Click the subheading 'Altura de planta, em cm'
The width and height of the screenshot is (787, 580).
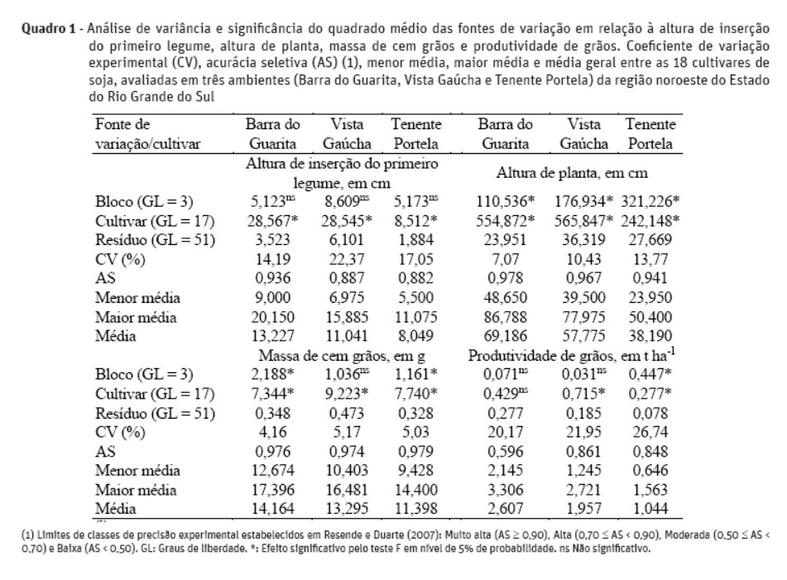(x=572, y=174)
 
